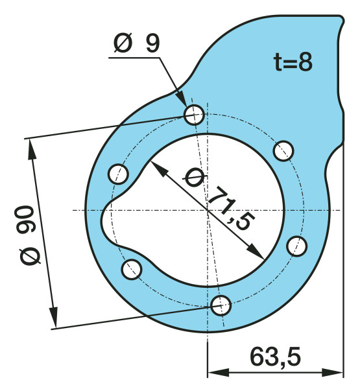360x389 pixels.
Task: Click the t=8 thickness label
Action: (293, 63)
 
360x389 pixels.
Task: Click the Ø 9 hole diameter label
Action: (136, 43)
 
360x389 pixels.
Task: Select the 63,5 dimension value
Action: (274, 356)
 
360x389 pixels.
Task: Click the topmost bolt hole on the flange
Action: (194, 115)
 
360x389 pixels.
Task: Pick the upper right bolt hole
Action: (283, 150)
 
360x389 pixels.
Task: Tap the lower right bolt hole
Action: (296, 246)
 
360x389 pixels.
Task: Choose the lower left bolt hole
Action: (132, 268)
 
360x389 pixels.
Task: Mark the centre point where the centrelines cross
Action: (207, 209)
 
